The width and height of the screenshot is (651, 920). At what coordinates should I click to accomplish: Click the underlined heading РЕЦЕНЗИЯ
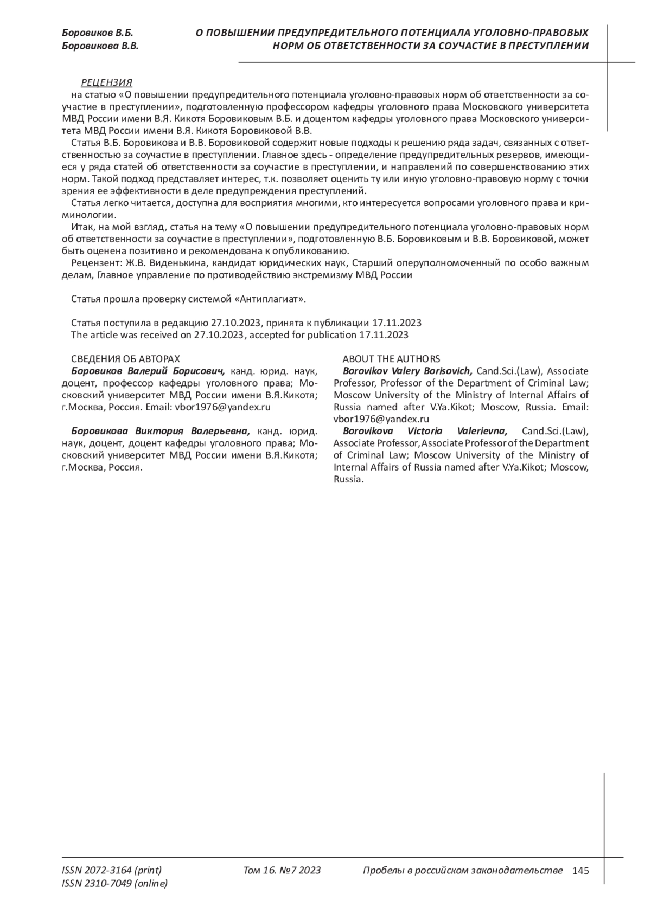[x=106, y=82]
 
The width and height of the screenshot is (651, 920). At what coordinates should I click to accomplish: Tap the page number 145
[x=580, y=871]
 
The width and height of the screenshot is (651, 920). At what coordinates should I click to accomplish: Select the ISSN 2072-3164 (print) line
[x=112, y=871]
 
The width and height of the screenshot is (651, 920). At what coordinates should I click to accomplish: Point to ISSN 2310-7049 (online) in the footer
[x=115, y=884]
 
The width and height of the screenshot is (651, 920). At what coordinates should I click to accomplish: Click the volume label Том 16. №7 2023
[x=282, y=871]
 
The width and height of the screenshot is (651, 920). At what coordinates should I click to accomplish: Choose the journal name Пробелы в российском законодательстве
[x=462, y=871]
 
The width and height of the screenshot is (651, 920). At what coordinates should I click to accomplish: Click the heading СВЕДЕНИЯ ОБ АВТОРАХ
[x=125, y=359]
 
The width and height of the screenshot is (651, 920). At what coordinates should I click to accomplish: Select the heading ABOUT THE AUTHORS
[x=391, y=359]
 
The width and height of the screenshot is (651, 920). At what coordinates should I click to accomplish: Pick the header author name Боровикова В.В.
[x=100, y=47]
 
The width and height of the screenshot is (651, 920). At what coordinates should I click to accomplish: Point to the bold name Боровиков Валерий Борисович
[x=148, y=371]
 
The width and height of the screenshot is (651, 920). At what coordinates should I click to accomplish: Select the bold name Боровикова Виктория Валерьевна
[x=161, y=432]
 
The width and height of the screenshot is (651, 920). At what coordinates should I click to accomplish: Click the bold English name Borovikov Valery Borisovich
[x=407, y=371]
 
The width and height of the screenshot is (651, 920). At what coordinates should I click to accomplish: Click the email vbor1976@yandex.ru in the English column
[x=381, y=419]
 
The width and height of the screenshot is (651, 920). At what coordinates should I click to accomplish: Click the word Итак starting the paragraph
[x=82, y=227]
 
